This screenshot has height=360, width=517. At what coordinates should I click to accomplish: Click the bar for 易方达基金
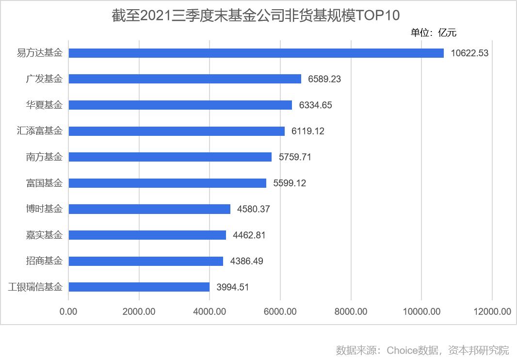[256, 53]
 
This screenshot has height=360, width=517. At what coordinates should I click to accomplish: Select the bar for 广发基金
[185, 79]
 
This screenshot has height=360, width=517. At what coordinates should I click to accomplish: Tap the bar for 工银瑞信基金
[139, 287]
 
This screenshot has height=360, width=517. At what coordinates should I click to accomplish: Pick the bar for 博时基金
[149, 209]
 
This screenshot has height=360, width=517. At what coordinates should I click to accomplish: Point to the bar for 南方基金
[170, 157]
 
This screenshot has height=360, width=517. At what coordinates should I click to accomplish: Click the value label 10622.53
[469, 53]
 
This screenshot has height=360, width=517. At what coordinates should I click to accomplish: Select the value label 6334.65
[316, 105]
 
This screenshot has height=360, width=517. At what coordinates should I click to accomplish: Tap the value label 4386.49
[247, 261]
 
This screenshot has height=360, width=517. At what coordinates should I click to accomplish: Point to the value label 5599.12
[290, 183]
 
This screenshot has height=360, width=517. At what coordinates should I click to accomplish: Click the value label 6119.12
[308, 131]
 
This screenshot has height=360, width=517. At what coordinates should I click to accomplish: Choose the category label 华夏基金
[44, 105]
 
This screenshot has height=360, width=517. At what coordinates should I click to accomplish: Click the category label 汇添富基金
[40, 131]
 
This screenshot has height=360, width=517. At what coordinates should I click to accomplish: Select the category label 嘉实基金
[44, 235]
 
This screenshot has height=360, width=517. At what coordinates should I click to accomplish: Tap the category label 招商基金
[44, 261]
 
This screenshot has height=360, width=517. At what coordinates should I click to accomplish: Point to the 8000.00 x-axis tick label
[351, 311]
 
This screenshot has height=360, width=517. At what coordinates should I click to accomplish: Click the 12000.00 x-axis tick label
[492, 311]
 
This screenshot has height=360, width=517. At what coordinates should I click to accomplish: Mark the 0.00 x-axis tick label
[68, 311]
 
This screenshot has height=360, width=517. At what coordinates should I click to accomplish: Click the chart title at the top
[256, 16]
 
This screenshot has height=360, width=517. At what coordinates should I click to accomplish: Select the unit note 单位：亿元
[434, 33]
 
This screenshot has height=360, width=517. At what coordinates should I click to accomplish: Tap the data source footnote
[422, 350]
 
